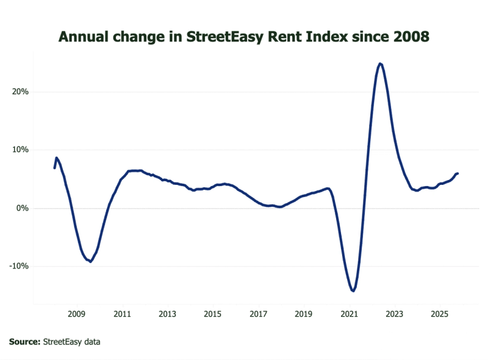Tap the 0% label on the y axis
(23, 208)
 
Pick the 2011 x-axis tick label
(123, 314)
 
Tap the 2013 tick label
(168, 314)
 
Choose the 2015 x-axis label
(213, 314)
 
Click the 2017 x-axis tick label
(259, 314)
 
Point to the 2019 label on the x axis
(304, 314)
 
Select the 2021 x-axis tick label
(349, 314)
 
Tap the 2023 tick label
(395, 314)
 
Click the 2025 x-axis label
(440, 314)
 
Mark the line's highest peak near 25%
(380, 63)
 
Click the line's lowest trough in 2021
(353, 291)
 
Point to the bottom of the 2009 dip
(90, 261)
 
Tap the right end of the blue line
(457, 173)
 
